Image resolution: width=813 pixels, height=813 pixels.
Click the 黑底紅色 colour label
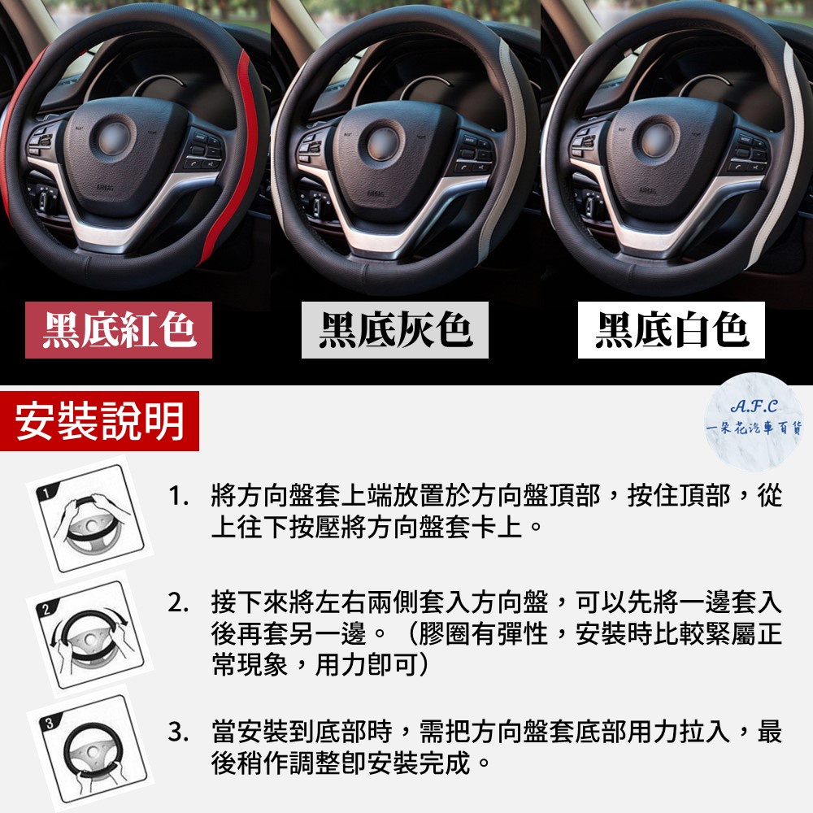point(118,330)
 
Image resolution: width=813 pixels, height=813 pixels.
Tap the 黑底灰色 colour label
point(394,330)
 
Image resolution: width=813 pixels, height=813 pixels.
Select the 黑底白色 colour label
point(671,330)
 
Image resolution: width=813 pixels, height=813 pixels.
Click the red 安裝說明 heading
point(99,421)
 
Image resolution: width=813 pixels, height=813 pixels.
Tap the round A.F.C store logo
point(754,422)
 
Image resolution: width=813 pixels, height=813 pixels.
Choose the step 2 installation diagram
point(89,633)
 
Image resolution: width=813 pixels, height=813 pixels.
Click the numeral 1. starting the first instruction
point(178,496)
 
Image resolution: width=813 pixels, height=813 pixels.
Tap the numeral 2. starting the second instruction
point(178,603)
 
